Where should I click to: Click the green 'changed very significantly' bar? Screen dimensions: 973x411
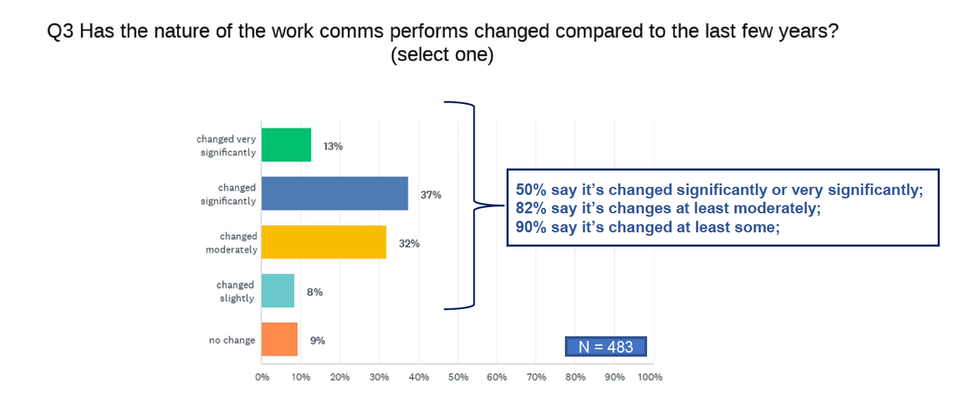coord(287,145)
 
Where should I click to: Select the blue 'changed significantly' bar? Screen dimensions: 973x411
coord(335,194)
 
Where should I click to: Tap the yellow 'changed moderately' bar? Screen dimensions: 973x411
coord(324,242)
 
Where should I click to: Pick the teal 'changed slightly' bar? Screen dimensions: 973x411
coord(278,291)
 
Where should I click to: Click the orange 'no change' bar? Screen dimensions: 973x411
coord(279,339)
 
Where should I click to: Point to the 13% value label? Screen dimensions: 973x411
coord(333,147)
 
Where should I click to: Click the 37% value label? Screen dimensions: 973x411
coord(430,195)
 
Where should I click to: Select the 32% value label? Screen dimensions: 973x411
coord(409,244)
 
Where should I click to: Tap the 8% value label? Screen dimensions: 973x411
coord(314,292)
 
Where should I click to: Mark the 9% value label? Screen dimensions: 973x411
coord(318,340)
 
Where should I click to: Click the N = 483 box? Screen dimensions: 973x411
coord(606,346)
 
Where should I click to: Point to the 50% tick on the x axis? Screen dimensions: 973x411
coord(458,377)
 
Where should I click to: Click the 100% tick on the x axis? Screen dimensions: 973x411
coord(650,377)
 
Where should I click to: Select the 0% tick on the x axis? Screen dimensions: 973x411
coord(262,377)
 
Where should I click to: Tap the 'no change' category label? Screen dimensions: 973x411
coord(232,340)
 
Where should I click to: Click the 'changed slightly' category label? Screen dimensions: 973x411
coord(236,291)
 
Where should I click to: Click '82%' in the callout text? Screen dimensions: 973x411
coord(531,208)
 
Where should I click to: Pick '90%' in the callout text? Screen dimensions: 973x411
coord(531,227)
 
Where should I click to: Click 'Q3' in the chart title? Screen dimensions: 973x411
coord(60,32)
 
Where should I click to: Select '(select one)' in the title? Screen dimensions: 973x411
coord(442,55)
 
